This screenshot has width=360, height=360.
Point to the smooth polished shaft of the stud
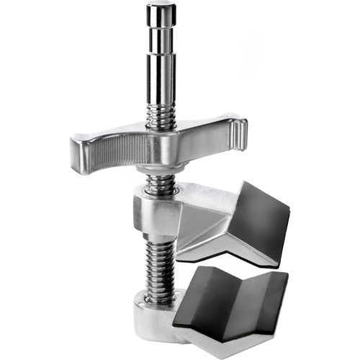click(x=162, y=72)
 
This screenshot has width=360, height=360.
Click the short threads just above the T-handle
click(x=162, y=115)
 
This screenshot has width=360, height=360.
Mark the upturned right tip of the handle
click(x=241, y=130)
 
